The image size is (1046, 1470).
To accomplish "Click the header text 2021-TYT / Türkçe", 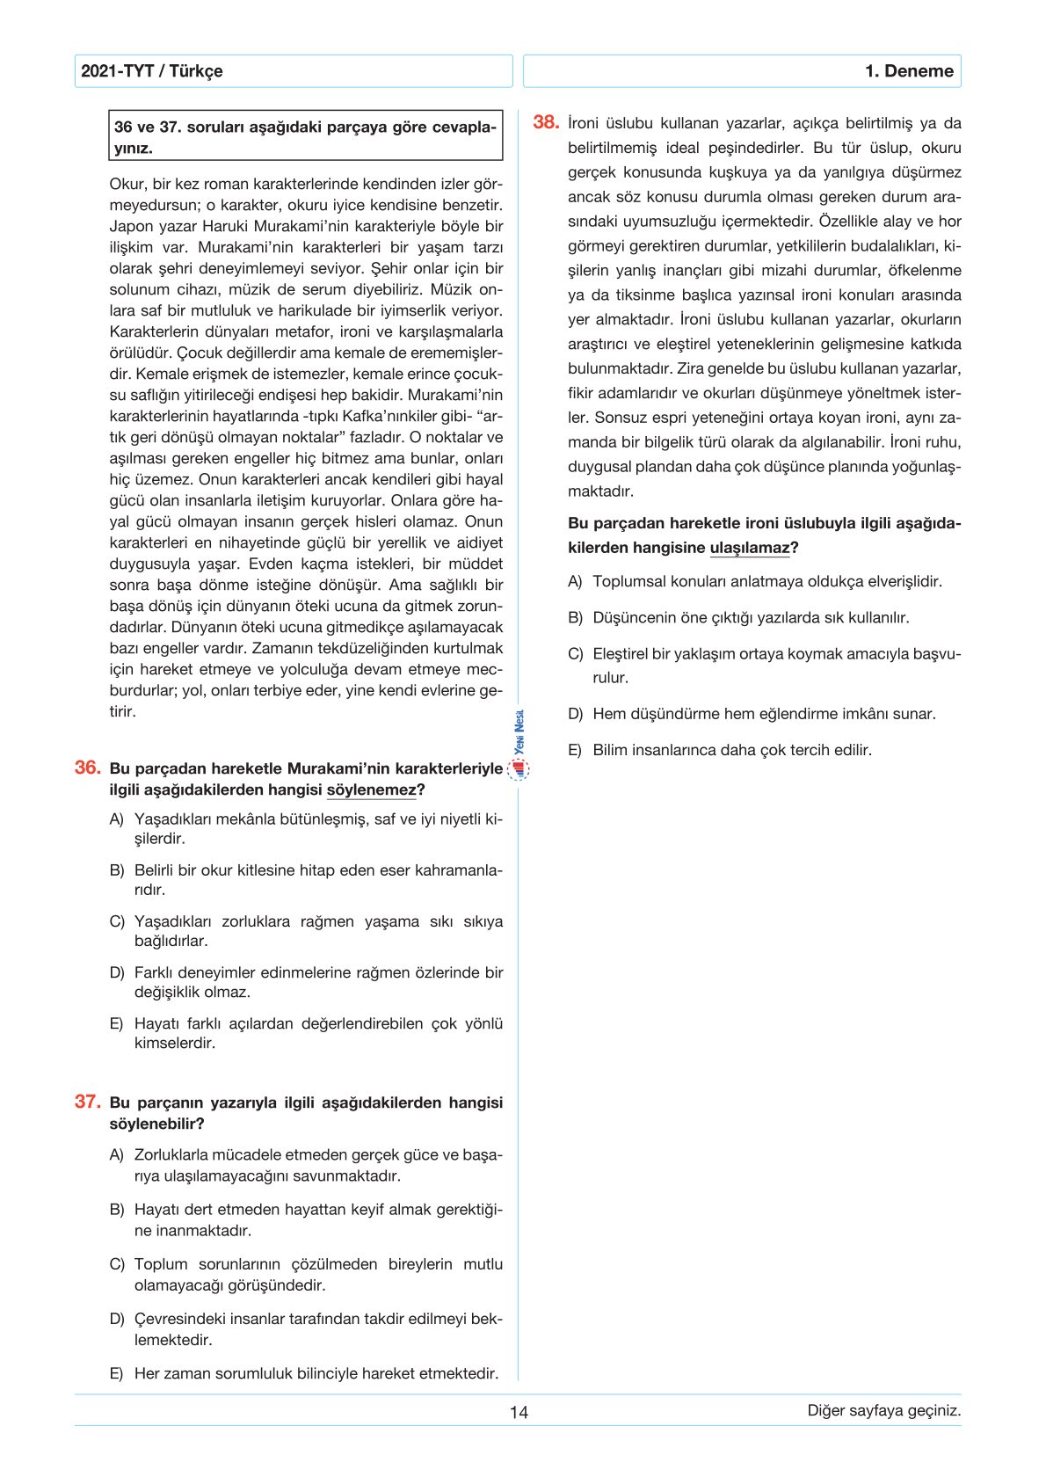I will [151, 71].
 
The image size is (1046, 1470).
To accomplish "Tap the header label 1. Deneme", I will [909, 71].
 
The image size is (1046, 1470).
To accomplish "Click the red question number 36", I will [87, 768].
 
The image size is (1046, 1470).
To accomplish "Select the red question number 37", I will [87, 1102].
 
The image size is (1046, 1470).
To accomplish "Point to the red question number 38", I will [546, 122].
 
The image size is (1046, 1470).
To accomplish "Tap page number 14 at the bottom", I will [519, 1412].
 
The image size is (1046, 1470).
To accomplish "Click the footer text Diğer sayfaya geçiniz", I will [883, 1410].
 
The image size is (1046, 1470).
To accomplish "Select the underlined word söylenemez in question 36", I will [371, 790].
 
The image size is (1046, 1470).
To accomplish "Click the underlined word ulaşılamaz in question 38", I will [750, 548].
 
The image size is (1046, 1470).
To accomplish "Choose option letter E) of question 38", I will [575, 750].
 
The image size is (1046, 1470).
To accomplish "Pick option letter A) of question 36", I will [117, 819].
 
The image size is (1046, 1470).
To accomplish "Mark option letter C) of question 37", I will [117, 1264].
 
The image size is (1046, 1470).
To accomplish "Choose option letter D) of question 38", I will [575, 714].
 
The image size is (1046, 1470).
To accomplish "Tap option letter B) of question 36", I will [117, 870].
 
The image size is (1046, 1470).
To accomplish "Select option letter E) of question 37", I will [117, 1373].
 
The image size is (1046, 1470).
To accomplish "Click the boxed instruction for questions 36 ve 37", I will [305, 136].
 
